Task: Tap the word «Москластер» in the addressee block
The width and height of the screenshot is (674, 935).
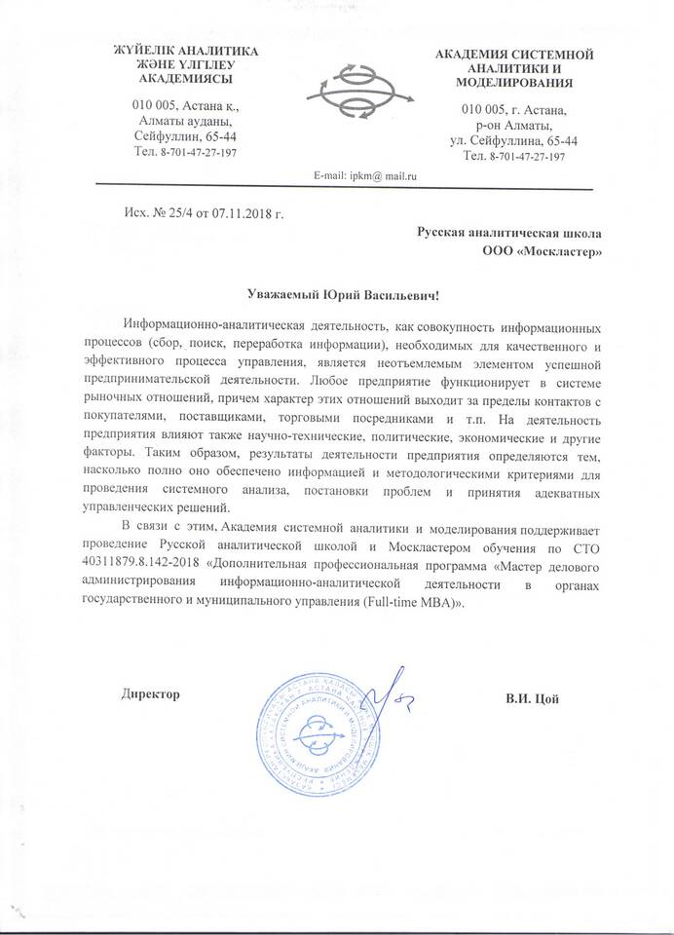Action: (x=557, y=252)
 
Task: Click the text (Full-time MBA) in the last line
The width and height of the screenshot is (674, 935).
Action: (x=413, y=603)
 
